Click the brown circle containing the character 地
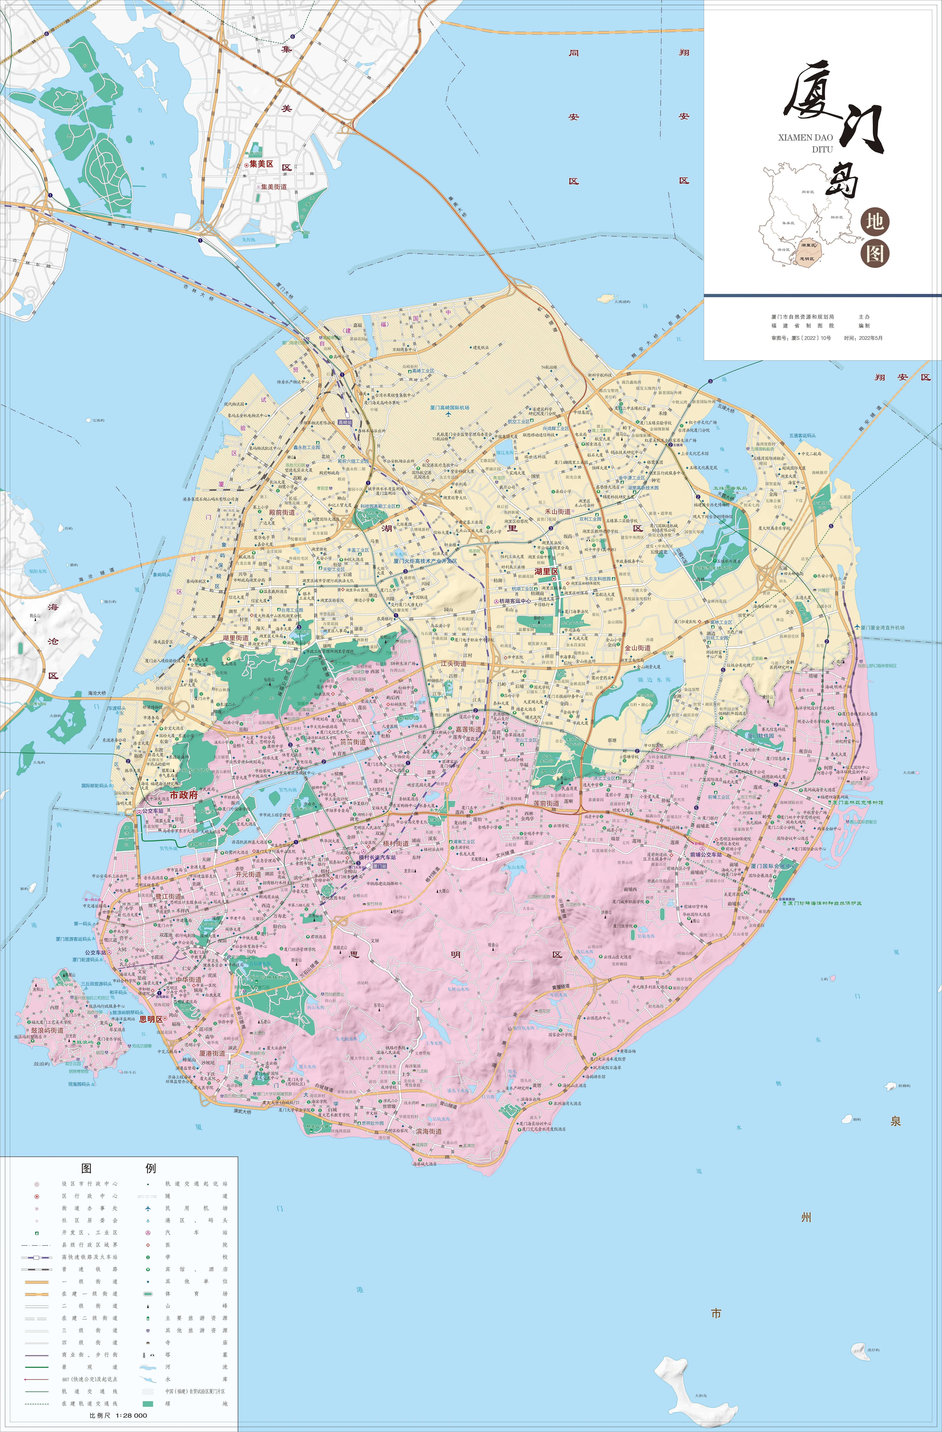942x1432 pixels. pos(875,222)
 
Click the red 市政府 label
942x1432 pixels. pos(183,794)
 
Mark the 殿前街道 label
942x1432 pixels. pos(282,513)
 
